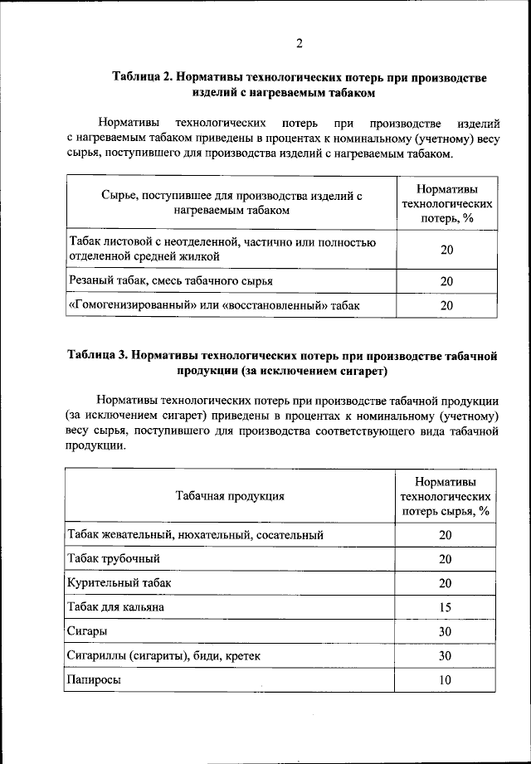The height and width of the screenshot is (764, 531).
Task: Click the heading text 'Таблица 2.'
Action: click(x=142, y=77)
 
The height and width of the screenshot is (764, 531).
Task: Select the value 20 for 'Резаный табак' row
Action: click(x=446, y=281)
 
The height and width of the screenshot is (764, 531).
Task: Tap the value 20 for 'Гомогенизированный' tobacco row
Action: click(x=446, y=305)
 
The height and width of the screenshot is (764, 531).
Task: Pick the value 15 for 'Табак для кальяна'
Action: click(x=445, y=607)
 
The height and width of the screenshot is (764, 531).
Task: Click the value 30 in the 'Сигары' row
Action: click(x=445, y=631)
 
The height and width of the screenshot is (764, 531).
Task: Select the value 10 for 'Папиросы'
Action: click(x=445, y=680)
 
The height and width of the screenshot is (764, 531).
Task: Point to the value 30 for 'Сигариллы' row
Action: click(x=445, y=656)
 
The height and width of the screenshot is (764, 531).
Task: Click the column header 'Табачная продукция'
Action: click(x=230, y=496)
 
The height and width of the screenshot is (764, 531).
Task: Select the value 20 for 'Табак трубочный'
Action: click(x=445, y=559)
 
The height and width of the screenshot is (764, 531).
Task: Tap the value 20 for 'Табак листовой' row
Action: click(x=446, y=250)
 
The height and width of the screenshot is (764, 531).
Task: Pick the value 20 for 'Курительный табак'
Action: click(x=445, y=583)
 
